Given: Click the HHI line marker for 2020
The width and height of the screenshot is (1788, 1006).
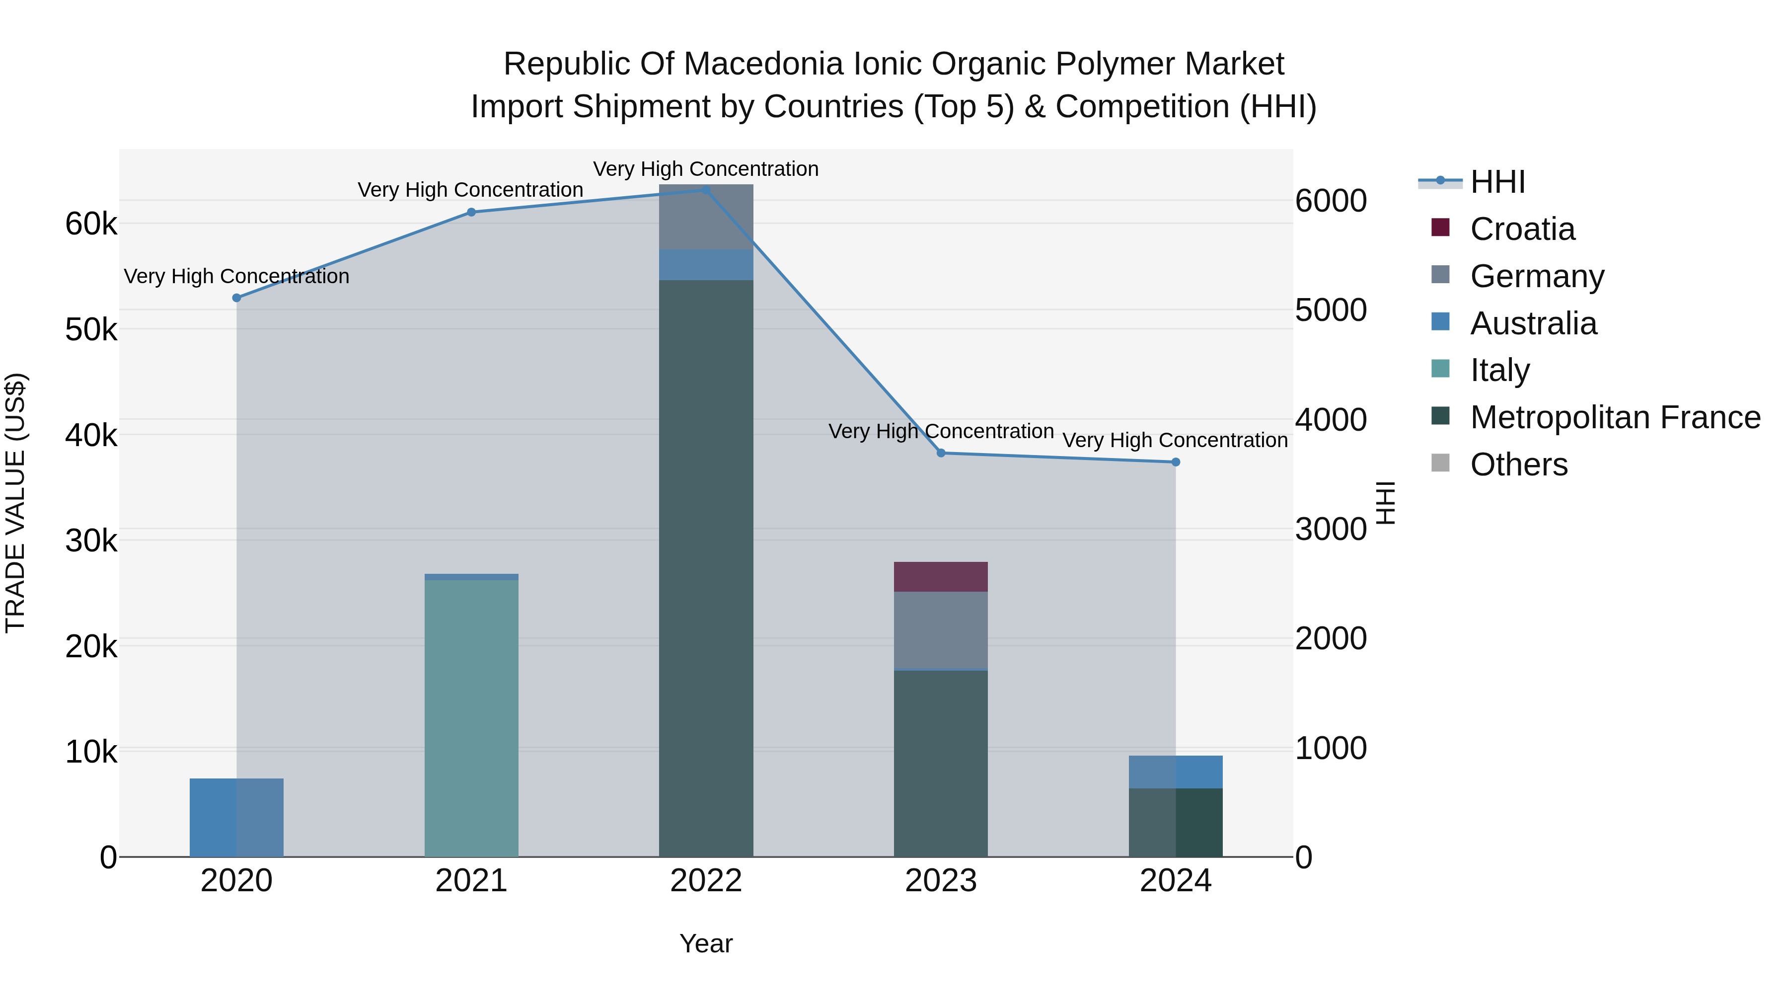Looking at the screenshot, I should pos(237,298).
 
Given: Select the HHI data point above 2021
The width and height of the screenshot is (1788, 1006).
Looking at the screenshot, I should pos(471,213).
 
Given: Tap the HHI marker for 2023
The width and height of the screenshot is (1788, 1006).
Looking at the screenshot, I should pos(941,454).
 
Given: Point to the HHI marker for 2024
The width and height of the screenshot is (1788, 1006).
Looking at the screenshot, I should pos(1176,463).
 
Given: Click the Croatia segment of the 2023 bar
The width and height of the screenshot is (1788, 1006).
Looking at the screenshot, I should pos(941,577).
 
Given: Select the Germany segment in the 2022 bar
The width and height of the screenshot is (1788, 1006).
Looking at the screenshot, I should pos(706,217).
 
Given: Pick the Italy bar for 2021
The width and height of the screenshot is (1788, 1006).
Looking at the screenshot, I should pos(471,718).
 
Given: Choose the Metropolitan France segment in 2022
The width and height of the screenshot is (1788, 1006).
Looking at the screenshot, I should pos(706,569).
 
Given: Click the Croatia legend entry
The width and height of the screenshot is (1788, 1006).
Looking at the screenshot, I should pos(1522,229).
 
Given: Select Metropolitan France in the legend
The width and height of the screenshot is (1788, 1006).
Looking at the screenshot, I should pos(1615,418).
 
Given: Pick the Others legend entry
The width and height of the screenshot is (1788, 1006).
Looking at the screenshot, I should pos(1519,464).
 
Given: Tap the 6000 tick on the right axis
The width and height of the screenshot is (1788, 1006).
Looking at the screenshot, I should pos(1331,201).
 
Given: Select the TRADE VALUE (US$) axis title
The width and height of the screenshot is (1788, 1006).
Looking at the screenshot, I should pos(15,503).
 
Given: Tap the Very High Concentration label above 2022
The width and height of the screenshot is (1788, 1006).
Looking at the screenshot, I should pos(706,169).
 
